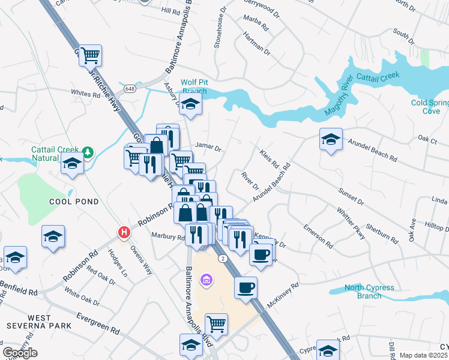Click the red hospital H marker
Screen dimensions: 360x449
(x=124, y=232)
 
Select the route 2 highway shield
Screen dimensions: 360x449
(x=222, y=257)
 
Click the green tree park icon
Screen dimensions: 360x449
(x=88, y=152)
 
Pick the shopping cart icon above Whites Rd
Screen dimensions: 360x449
(x=90, y=55)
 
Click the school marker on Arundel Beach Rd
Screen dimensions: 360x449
(x=331, y=139)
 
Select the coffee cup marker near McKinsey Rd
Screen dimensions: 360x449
(x=246, y=287)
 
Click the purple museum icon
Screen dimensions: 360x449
(x=206, y=280)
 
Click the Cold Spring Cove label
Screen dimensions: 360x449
(x=430, y=107)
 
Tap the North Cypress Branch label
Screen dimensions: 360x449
(x=371, y=292)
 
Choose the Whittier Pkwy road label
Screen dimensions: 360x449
(x=351, y=225)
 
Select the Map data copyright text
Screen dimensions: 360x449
(x=424, y=355)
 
